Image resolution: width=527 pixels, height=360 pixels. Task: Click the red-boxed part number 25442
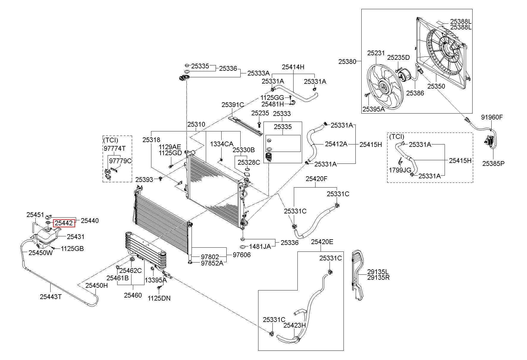coord(64,223)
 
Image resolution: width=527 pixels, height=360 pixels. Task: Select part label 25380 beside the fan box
coord(347,62)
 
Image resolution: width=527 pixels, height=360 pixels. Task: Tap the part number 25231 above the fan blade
coord(376,53)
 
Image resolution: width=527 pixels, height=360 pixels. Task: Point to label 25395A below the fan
coord(374,109)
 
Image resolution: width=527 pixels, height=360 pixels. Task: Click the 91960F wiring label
coord(492,117)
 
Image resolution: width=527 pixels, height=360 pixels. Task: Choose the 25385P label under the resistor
coord(493,163)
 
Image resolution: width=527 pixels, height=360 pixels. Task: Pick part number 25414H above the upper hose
coord(293,67)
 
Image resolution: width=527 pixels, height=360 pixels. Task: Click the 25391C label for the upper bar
coord(233,105)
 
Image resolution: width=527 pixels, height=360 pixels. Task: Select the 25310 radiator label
coord(196,124)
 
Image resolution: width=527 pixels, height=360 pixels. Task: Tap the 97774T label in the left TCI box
coord(115,148)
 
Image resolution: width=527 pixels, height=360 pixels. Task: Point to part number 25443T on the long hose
coord(51,296)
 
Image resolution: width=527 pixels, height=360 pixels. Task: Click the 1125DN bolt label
coord(159,298)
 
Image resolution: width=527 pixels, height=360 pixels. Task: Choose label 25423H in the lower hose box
coord(294,325)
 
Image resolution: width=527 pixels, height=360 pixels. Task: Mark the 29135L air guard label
coord(378,272)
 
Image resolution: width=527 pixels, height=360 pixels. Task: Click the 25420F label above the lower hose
coord(316,179)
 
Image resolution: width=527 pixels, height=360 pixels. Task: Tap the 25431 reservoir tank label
coord(76,237)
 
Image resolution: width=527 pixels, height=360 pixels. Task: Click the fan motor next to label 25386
coord(404,74)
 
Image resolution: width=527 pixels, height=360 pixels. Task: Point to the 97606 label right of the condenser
coord(241,255)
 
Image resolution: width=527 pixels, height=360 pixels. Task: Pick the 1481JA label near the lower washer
coord(260,246)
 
